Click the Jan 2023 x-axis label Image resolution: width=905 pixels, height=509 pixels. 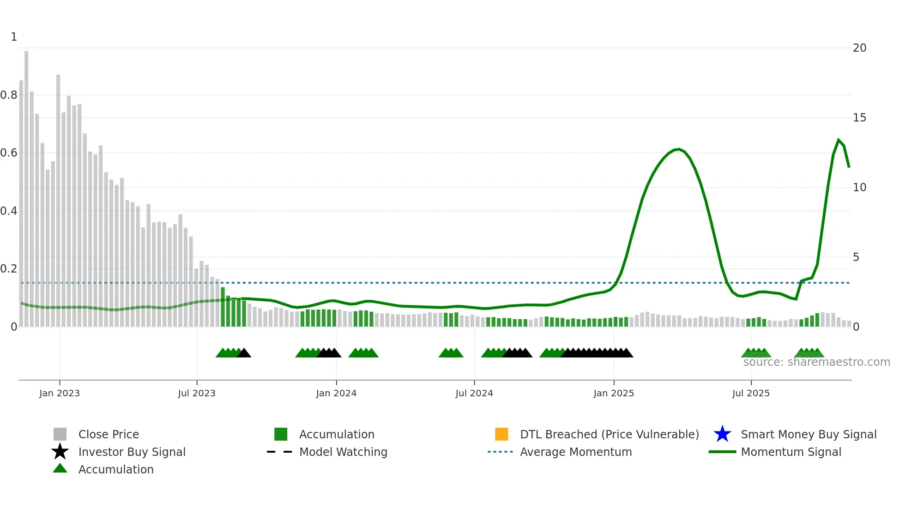click(60, 393)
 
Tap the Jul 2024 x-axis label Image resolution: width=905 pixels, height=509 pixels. click(474, 393)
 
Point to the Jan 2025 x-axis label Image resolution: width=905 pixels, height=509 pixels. click(614, 393)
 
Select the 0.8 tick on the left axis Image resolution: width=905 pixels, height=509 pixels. click(9, 95)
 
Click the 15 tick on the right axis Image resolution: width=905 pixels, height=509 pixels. click(859, 118)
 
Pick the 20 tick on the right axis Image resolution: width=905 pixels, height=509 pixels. click(859, 48)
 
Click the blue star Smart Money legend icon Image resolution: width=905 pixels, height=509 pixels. click(722, 434)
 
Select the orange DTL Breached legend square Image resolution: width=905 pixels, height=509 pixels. click(501, 434)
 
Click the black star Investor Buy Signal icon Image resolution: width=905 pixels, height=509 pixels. click(60, 452)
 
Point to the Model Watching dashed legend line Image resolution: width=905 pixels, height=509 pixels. click(280, 452)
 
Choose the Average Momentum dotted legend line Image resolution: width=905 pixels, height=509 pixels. click(500, 452)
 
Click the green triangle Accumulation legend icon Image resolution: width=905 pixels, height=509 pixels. click(60, 468)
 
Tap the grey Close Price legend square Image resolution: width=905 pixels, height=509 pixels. click(60, 434)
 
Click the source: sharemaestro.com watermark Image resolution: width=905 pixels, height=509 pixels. click(816, 362)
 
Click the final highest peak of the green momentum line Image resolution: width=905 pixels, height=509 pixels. click(839, 139)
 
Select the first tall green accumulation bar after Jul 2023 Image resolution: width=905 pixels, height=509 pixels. click(223, 307)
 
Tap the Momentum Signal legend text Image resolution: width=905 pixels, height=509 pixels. click(791, 452)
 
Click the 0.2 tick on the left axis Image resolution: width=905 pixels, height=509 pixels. click(9, 269)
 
